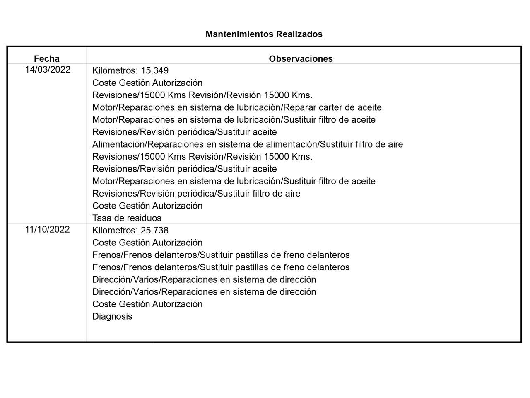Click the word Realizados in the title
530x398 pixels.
tap(299, 34)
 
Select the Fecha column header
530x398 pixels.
tap(47, 59)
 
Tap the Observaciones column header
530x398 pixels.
tap(301, 59)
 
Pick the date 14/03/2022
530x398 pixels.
tap(48, 70)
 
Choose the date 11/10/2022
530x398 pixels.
tap(47, 230)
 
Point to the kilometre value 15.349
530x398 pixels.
tap(154, 70)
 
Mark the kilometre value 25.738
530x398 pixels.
tap(154, 231)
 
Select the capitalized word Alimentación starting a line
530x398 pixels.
tap(118, 145)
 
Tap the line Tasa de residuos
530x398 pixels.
tap(127, 218)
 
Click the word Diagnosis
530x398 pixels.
tap(112, 317)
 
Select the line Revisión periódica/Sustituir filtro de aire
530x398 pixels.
tap(196, 194)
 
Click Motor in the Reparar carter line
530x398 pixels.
tap(104, 108)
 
